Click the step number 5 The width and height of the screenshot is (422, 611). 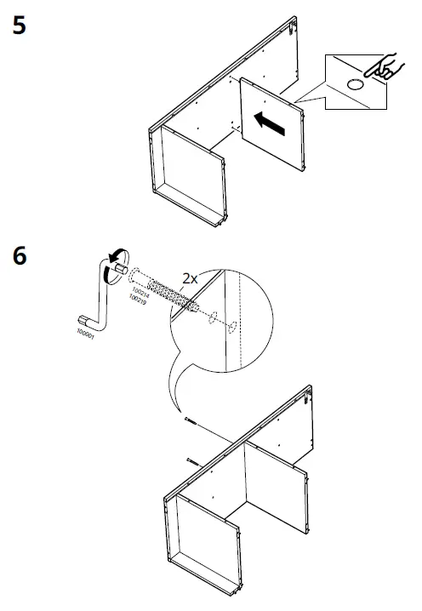(20, 25)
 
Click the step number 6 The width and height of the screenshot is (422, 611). (20, 255)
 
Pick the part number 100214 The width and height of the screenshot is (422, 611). (139, 294)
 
